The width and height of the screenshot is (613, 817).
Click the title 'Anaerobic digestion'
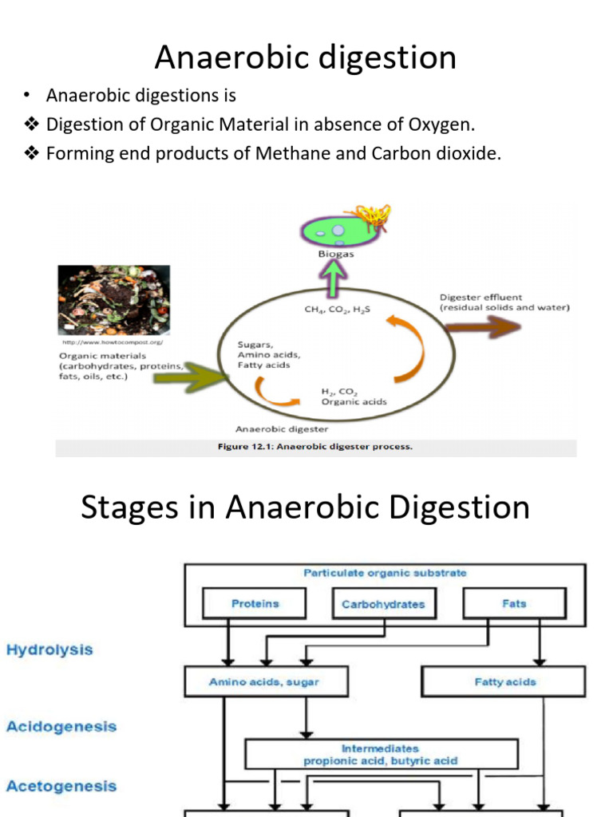(306, 57)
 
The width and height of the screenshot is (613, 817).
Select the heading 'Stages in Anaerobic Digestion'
(306, 507)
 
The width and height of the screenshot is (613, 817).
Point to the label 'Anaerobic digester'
(282, 428)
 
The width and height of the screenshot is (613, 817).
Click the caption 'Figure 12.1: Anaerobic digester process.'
(315, 447)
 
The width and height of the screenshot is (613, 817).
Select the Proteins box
(255, 604)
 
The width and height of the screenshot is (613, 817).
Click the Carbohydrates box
(383, 604)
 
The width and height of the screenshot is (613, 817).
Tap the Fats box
(514, 604)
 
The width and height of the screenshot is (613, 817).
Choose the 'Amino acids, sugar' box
(255, 682)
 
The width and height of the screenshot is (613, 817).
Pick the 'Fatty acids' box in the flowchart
(504, 682)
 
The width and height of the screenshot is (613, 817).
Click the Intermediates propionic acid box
(381, 755)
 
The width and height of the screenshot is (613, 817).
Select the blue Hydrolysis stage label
(49, 649)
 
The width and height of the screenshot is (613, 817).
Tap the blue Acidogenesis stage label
(61, 727)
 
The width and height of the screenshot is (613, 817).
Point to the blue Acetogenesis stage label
(61, 786)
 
